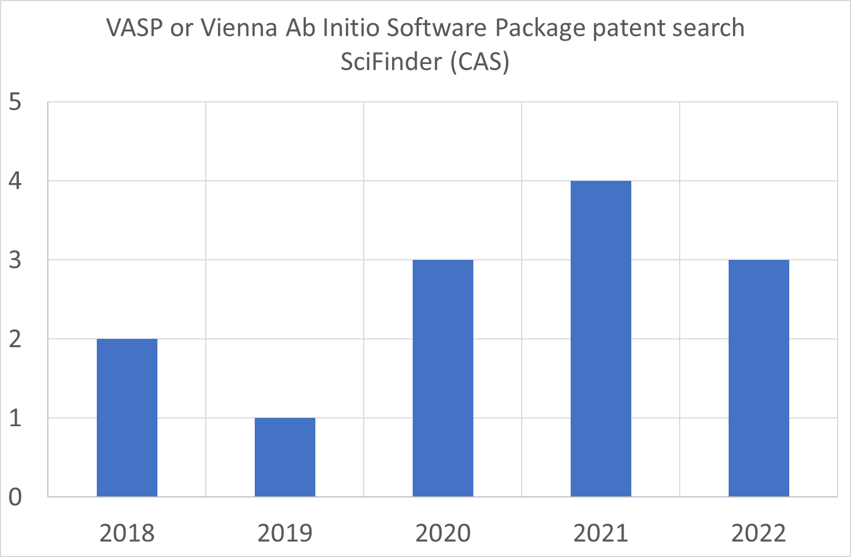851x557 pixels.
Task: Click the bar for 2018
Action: point(127,417)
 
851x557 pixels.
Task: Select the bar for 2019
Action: point(285,457)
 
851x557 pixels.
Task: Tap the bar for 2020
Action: point(443,378)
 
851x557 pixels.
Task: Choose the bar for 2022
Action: point(759,378)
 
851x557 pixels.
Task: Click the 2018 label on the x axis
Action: point(127,533)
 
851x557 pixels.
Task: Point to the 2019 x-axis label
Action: point(285,533)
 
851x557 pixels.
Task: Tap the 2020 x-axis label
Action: point(443,533)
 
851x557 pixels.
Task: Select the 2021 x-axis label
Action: point(601,533)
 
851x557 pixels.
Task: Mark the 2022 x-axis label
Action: point(759,533)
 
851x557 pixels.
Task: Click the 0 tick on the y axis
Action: point(16,497)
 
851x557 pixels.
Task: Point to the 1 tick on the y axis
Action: point(16,418)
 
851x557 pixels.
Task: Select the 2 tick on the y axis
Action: point(16,339)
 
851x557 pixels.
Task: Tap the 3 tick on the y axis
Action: point(16,260)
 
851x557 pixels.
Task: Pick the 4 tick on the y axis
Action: point(16,181)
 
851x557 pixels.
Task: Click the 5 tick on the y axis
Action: point(16,102)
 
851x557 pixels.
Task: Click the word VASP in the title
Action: point(134,28)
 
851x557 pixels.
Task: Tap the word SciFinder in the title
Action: point(392,61)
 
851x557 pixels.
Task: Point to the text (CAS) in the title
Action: point(480,61)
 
